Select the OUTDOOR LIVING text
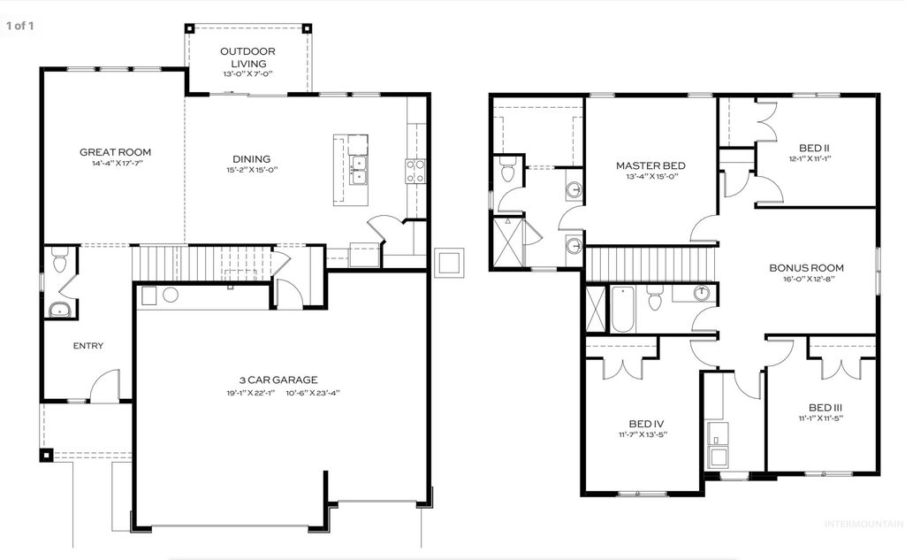pos(247,57)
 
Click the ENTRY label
pos(87,346)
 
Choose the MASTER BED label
pos(650,165)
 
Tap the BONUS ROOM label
pos(806,267)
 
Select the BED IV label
pos(640,423)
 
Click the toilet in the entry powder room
pos(59,262)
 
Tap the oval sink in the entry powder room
pos(60,310)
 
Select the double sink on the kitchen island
pos(358,170)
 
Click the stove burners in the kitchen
pos(414,171)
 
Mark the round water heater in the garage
pos(171,295)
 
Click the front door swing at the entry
pos(104,387)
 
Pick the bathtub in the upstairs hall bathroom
pos(622,310)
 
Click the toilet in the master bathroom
pos(507,170)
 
